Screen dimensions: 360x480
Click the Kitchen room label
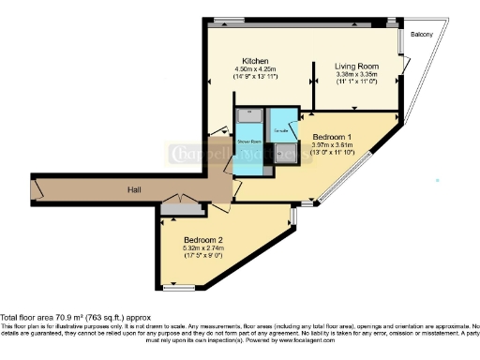coord(250,59)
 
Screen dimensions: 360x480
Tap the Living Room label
coord(356,67)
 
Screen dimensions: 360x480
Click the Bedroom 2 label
coord(202,237)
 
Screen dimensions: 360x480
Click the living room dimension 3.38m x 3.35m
coord(356,75)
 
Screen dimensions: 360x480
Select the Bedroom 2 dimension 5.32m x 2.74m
coord(202,247)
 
